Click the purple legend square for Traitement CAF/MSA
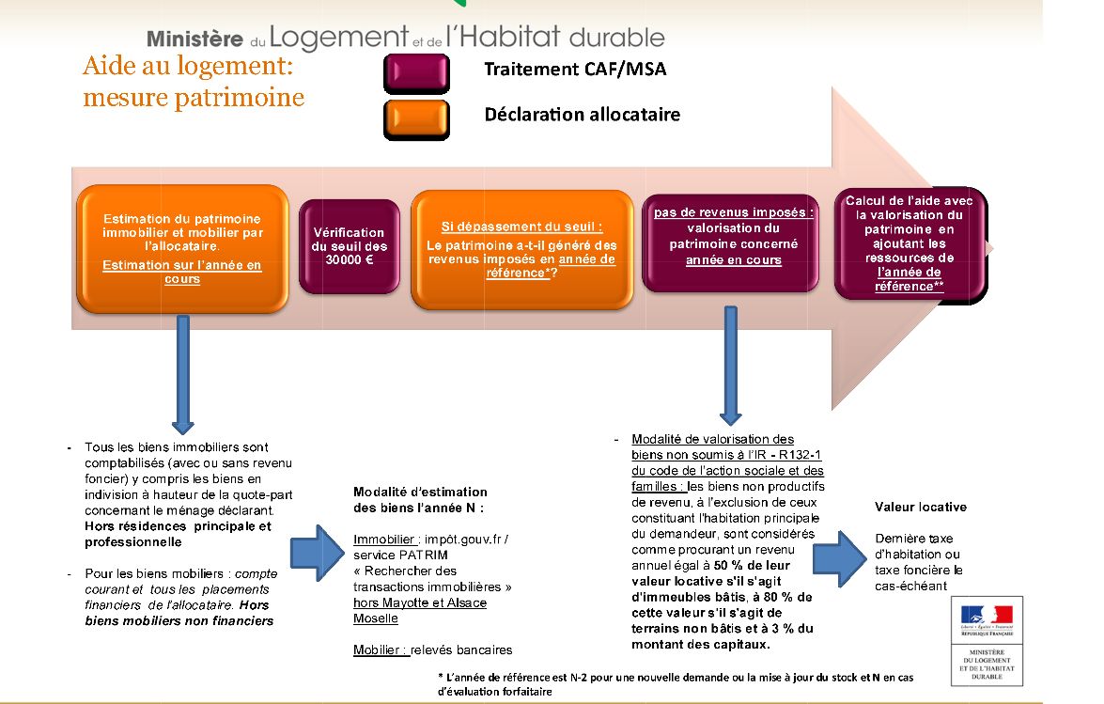click(x=416, y=71)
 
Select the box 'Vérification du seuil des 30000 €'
click(x=349, y=246)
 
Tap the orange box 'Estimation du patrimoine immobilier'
click(x=182, y=248)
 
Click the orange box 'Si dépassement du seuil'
click(x=521, y=248)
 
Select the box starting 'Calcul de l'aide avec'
click(x=910, y=242)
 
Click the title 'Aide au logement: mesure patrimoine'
click(x=194, y=82)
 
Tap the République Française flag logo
click(x=987, y=617)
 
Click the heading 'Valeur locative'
click(x=920, y=507)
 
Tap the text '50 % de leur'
click(x=751, y=565)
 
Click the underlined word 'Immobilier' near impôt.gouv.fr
click(x=385, y=540)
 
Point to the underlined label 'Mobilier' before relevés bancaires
click(x=381, y=649)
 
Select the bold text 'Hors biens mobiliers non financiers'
click(x=179, y=613)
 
